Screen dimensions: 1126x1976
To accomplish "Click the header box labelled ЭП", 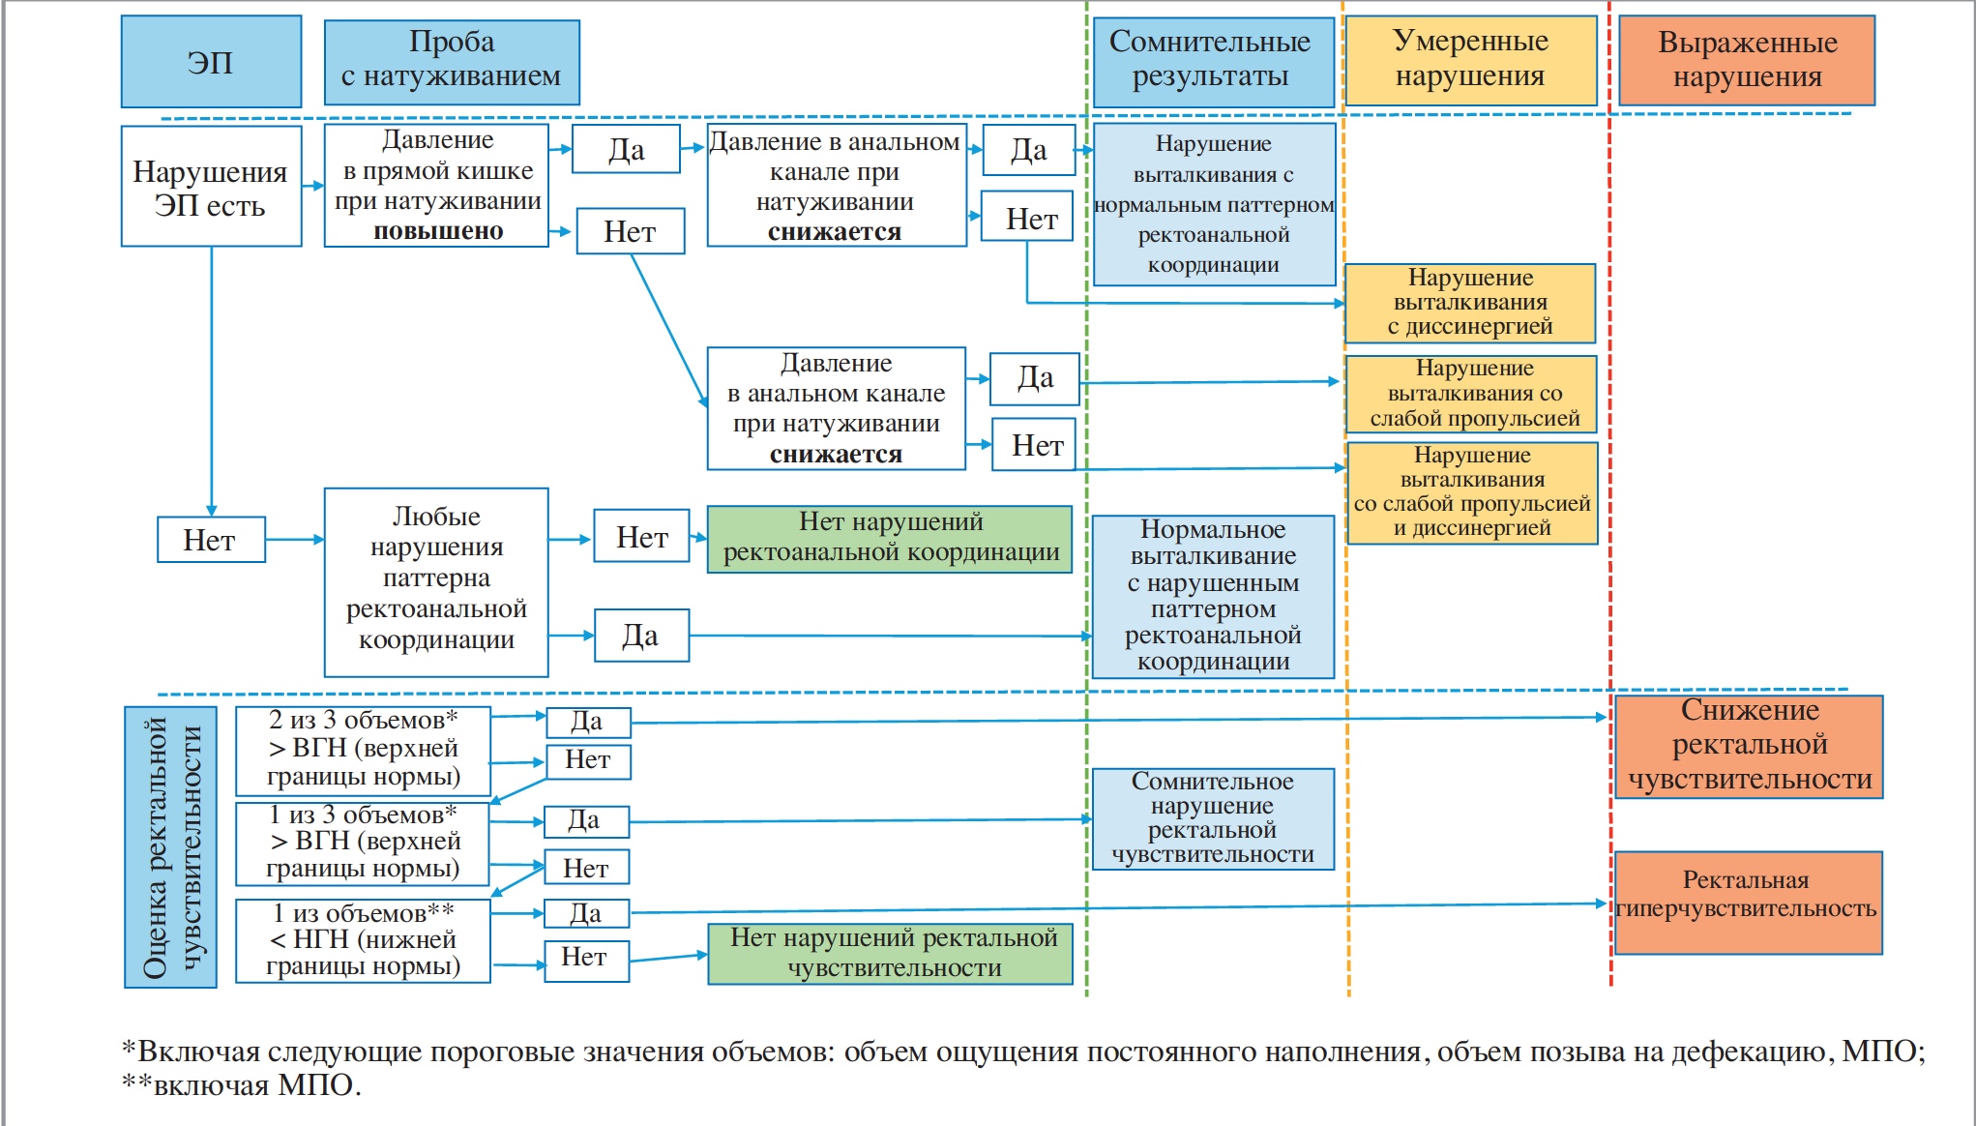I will pos(211,62).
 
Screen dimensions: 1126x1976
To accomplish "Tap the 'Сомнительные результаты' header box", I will pos(1212,60).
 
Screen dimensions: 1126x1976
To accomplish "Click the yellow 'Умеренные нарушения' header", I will pos(1470,60).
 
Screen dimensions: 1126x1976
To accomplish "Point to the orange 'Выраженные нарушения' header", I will pos(1747,60).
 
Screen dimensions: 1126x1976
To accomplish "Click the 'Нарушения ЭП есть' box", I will pos(211,187).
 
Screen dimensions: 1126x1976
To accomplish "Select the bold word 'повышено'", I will pos(438,231).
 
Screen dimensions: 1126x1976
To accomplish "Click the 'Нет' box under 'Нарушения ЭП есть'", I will pos(211,540).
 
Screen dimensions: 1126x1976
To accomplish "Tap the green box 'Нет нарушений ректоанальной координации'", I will pos(890,539).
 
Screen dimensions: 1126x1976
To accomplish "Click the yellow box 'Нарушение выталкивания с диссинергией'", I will pos(1470,303).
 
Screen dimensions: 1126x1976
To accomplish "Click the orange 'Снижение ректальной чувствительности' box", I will pos(1749,746).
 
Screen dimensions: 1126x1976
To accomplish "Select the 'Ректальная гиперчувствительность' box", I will pos(1748,902).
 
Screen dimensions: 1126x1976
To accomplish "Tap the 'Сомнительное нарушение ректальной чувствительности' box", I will pos(1213,818).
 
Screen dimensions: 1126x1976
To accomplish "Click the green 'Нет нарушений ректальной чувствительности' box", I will pos(891,954).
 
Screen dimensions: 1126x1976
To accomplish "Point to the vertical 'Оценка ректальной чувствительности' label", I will pos(170,846).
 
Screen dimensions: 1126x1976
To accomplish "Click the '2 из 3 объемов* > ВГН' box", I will pos(363,751).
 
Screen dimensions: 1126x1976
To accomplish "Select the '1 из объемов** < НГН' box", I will pos(363,940).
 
